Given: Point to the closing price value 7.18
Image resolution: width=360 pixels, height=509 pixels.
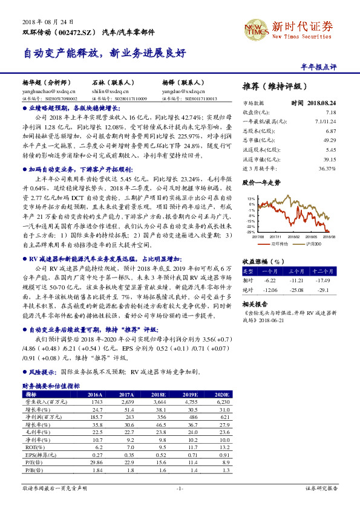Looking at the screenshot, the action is coord(330,112).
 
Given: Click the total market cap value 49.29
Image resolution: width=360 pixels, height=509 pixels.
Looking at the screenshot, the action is coord(330,140).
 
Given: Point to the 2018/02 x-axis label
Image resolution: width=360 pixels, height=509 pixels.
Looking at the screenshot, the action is coord(295,236).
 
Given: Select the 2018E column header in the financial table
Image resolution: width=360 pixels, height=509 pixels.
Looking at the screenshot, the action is coord(160,393).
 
